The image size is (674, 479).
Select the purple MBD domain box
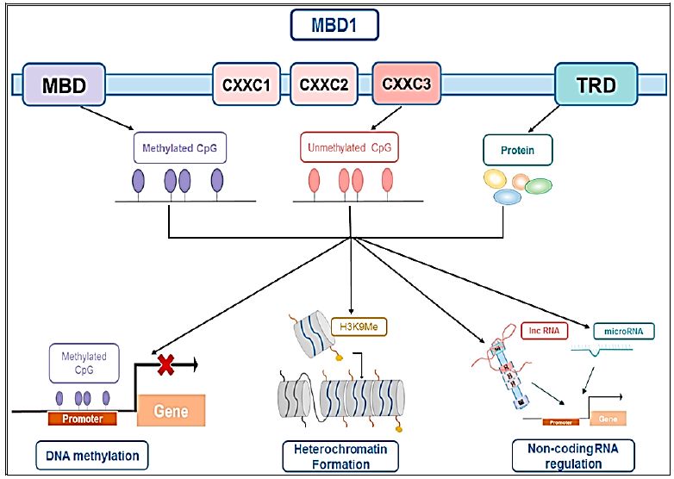[x=63, y=84]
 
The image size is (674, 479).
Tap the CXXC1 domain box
[x=247, y=84]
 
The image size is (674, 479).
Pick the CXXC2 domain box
[x=324, y=84]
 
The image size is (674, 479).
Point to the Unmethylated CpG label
[x=350, y=148]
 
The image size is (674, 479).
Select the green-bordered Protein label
[x=517, y=151]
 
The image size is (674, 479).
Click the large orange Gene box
[x=171, y=410]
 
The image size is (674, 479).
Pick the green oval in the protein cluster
[x=538, y=185]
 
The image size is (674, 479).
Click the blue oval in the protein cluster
[x=508, y=196]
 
